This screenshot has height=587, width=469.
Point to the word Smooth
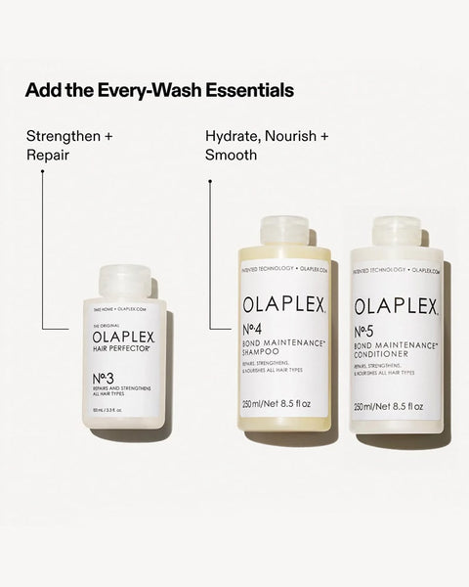(232, 156)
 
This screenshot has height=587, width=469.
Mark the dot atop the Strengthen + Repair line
(42, 172)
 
